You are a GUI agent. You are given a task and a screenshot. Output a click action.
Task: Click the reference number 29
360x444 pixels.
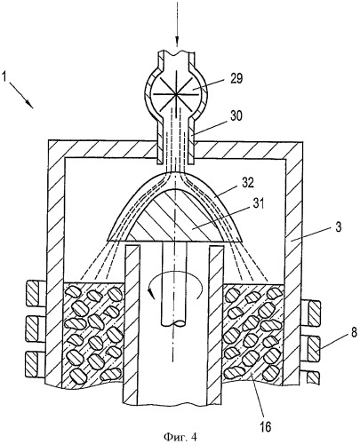tap(236, 79)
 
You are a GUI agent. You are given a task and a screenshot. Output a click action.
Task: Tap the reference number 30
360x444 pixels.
tap(236, 116)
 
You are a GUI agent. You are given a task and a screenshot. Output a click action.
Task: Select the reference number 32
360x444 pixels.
tap(248, 183)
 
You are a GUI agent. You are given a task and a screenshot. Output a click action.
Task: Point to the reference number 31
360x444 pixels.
tap(257, 204)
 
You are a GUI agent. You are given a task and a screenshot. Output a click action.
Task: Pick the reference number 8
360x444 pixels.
tap(354, 332)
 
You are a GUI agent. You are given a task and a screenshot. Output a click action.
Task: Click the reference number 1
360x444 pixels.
tap(4, 77)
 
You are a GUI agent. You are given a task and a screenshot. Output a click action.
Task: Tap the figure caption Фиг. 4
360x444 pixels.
tap(180, 436)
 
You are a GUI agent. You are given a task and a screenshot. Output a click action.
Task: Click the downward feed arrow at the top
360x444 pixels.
tap(177, 24)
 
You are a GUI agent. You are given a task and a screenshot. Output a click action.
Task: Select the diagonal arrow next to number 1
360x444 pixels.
tap(22, 95)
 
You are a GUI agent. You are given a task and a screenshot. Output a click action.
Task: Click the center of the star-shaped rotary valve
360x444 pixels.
tap(176, 94)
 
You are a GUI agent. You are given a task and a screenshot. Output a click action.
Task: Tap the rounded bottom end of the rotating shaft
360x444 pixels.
tap(174, 323)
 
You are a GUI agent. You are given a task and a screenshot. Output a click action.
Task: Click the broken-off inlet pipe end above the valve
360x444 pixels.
tap(176, 55)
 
